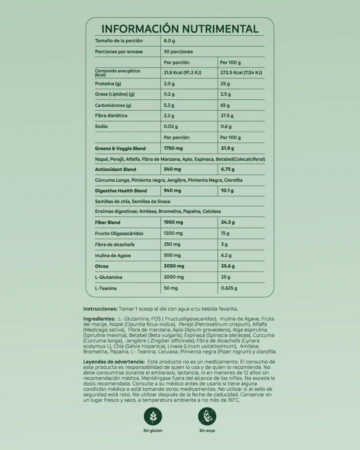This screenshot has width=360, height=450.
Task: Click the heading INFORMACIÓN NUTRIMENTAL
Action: [x=179, y=29]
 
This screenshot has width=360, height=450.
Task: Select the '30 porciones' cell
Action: [x=177, y=51]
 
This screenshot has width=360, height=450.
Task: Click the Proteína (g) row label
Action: [x=108, y=83]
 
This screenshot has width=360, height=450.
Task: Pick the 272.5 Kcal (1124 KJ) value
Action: [x=241, y=72]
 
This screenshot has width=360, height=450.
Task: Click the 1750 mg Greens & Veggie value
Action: [x=174, y=148]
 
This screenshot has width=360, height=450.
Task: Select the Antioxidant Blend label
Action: [x=115, y=169]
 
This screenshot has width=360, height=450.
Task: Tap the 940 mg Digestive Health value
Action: [x=172, y=190]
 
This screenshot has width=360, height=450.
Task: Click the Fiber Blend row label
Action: [x=107, y=222]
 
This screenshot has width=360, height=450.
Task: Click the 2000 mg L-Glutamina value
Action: [x=174, y=277]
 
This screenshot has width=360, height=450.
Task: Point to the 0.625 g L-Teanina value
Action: [x=228, y=288]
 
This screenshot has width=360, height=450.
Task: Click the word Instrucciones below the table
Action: [x=100, y=309]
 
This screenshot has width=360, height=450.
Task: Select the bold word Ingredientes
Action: [x=99, y=318]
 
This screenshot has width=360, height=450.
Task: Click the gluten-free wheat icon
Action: [x=152, y=416]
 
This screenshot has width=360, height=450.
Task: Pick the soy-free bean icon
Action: [x=207, y=416]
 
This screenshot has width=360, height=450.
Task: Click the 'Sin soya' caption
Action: [x=207, y=430]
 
